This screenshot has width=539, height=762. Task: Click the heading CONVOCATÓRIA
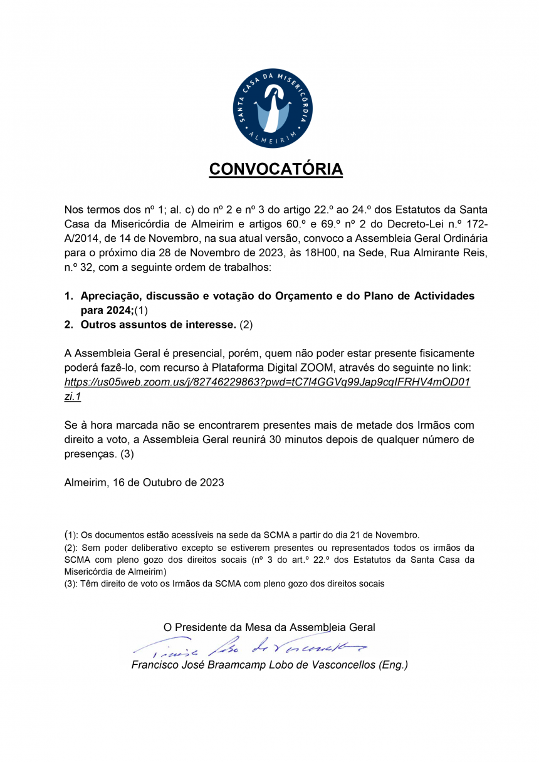pos(276,169)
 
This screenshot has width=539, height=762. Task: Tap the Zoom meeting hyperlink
pos(268,383)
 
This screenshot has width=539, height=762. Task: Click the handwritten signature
pos(251,645)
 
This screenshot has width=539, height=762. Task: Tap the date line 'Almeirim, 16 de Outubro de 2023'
pos(144,483)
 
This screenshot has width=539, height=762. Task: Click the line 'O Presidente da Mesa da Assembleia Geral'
pos(269,627)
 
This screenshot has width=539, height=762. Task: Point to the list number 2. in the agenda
pos(69,325)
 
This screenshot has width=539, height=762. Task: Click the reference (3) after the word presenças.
pos(127,454)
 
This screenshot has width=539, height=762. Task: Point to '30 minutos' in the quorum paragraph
pos(293,440)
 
